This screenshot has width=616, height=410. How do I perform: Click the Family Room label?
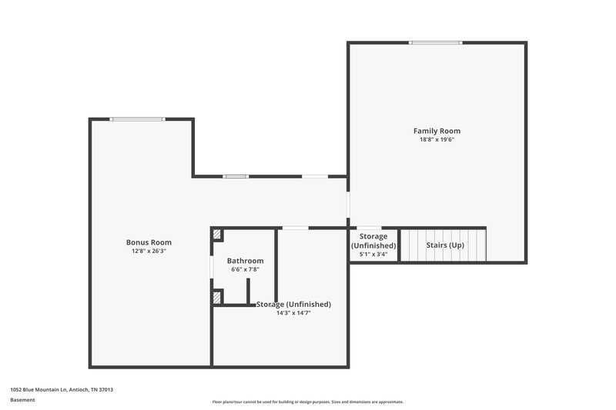(x=437, y=131)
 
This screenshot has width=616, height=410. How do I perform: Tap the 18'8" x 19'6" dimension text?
(x=437, y=140)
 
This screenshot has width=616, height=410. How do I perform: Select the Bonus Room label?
(x=149, y=242)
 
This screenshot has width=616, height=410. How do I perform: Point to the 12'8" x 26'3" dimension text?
(x=149, y=252)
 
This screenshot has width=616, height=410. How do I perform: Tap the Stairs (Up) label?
(x=446, y=245)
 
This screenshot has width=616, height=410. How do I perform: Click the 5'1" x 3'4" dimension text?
(x=373, y=255)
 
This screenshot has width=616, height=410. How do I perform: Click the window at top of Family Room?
(x=436, y=42)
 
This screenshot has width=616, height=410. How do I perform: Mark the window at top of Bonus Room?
(x=137, y=118)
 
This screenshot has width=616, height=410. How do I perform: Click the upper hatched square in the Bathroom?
(x=217, y=234)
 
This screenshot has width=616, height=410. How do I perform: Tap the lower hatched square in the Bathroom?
(x=217, y=296)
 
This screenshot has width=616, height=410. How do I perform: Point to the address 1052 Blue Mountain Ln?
(x=62, y=390)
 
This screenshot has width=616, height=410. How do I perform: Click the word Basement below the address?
(x=23, y=400)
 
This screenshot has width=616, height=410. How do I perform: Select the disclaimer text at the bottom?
(x=308, y=402)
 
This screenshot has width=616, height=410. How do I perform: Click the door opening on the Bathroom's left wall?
(x=212, y=265)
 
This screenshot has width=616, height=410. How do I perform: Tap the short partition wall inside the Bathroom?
(x=247, y=291)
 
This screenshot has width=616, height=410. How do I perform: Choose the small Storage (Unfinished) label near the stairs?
(x=373, y=241)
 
